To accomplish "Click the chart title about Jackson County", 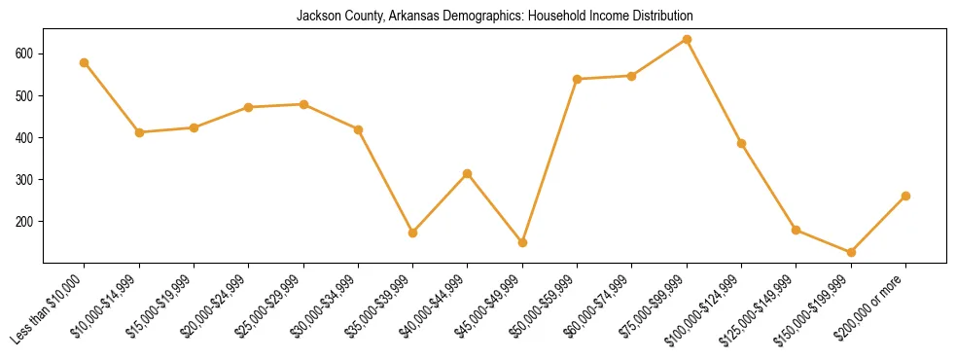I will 494,17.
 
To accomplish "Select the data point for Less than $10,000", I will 85,63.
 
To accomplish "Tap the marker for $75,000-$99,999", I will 687,40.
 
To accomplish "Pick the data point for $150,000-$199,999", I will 851,253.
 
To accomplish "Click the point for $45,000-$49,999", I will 522,242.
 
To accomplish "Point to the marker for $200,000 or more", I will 905,196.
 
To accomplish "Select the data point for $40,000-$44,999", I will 468,174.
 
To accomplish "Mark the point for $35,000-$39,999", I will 412,234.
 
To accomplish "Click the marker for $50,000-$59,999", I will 577,79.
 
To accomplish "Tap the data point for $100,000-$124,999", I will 741,144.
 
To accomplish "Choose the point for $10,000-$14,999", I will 139,132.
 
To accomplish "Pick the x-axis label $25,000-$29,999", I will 268,308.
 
